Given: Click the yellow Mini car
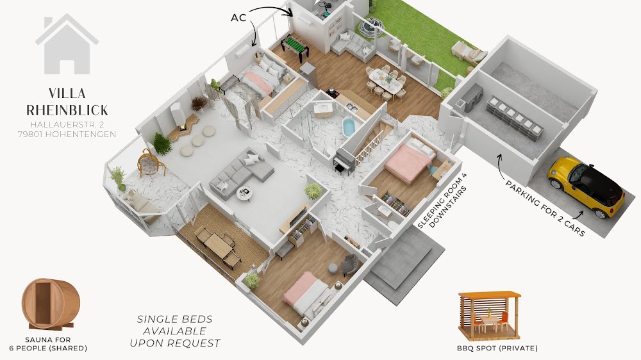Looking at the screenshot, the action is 587,186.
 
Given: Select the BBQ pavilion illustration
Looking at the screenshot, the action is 489,315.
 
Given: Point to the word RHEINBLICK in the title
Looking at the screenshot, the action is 67,110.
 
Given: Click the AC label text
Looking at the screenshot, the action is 238,17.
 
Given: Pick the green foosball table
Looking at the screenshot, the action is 295,47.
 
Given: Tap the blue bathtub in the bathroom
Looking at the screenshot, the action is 348,127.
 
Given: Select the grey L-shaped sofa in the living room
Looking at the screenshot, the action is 241,172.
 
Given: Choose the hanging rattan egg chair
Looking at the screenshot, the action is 150,162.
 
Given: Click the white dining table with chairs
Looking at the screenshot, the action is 385,81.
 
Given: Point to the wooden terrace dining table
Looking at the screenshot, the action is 218,247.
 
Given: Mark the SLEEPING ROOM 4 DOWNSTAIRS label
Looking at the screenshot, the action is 442,201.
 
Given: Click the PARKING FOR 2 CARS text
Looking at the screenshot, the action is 545,208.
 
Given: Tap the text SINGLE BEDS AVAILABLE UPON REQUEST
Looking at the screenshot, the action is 175,331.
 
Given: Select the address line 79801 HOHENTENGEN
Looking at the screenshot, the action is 67,134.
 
